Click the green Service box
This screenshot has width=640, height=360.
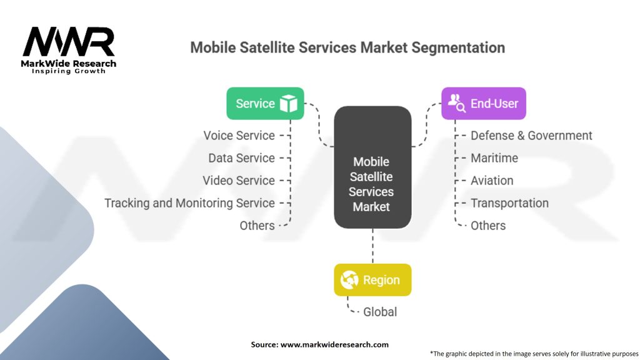point(265,103)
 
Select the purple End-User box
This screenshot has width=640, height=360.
point(484,103)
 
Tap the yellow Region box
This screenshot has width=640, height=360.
point(372,280)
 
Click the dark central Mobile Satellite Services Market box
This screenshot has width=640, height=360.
point(372,167)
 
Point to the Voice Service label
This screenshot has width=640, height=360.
point(239,136)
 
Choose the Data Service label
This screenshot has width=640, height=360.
point(242,158)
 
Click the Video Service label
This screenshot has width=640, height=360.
point(239,181)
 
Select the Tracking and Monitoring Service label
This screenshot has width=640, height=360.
point(190,203)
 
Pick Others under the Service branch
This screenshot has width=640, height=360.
point(257,225)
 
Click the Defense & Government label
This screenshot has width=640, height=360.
point(531,136)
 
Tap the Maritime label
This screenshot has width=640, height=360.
point(494,158)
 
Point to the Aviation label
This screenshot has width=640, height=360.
point(492,181)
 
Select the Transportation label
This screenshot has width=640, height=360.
point(510,203)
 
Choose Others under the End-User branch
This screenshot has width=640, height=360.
point(488,225)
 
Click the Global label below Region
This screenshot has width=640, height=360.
point(380,312)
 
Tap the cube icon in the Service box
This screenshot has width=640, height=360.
point(289,103)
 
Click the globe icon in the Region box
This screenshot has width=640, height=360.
point(349,280)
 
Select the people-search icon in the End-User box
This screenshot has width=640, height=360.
point(457,103)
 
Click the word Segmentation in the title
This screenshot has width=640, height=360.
point(458,47)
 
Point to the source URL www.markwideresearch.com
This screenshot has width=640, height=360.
point(334,344)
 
